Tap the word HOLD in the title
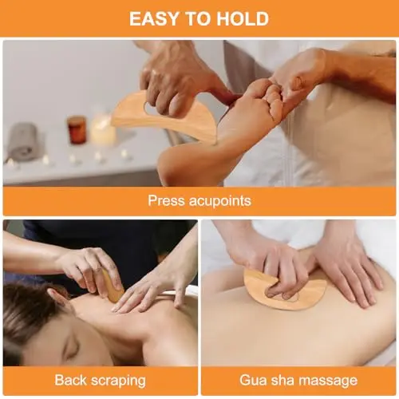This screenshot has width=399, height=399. [x=243, y=18]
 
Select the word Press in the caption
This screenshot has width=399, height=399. [x=166, y=200]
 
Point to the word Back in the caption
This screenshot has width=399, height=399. [x=70, y=380]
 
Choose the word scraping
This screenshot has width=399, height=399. [x=118, y=381]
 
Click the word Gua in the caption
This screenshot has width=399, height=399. [x=251, y=380]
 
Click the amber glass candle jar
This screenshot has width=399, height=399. [x=77, y=129]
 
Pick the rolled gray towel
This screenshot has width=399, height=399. [x=23, y=141]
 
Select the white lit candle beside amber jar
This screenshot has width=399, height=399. [x=103, y=129]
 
